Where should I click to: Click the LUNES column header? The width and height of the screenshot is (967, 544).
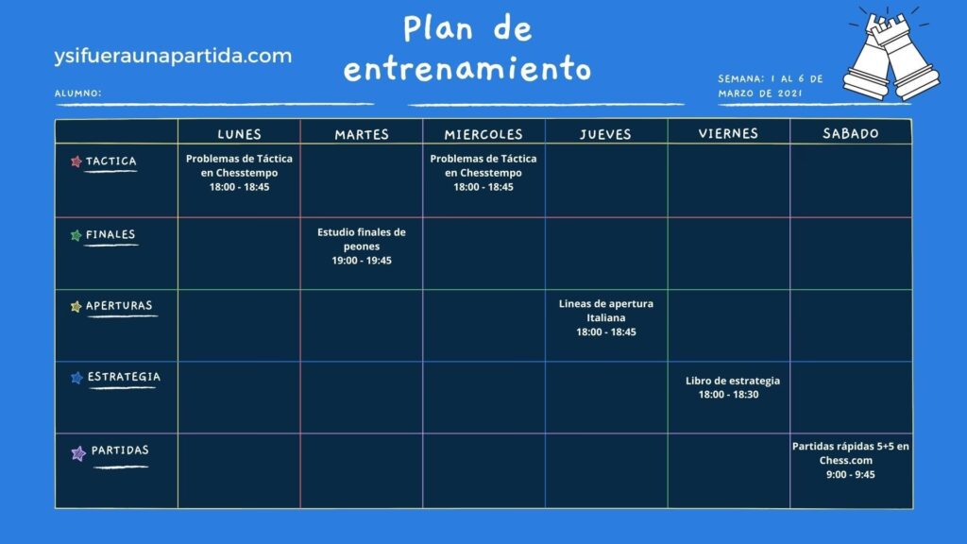(x=239, y=134)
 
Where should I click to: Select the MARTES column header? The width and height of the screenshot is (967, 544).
(x=362, y=134)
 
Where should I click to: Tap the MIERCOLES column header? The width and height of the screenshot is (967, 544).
(x=483, y=134)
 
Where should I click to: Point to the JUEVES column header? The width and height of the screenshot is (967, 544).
(x=605, y=134)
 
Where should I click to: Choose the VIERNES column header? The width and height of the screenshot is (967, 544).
(x=728, y=133)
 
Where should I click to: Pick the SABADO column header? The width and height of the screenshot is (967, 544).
(x=851, y=133)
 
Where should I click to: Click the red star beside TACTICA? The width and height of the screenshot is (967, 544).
(x=76, y=161)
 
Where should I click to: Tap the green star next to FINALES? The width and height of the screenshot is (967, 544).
(x=76, y=235)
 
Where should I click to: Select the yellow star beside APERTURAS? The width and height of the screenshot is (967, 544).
(x=76, y=307)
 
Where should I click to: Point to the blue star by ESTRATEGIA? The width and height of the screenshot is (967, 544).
(x=77, y=378)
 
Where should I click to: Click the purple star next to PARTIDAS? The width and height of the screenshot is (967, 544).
(x=78, y=453)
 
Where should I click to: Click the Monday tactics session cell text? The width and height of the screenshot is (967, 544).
(x=239, y=173)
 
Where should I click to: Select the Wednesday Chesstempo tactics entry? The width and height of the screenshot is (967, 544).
(x=483, y=173)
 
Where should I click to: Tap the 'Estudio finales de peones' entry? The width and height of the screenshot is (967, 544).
(x=362, y=246)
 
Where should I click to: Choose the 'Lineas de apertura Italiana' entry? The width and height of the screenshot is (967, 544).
(x=605, y=317)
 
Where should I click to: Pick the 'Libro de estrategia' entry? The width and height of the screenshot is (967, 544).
(x=732, y=387)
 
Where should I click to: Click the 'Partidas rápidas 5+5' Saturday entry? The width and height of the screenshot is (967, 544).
(x=851, y=460)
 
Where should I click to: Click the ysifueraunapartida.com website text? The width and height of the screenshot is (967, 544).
(x=173, y=56)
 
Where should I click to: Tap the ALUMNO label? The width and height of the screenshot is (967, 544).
(x=77, y=93)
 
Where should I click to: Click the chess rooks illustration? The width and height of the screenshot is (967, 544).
(x=891, y=56)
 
